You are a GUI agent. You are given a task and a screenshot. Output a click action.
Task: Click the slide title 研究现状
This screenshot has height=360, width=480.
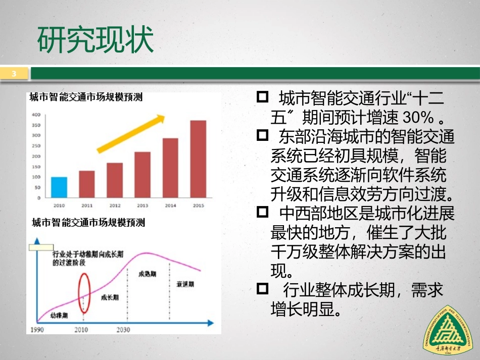(95, 40)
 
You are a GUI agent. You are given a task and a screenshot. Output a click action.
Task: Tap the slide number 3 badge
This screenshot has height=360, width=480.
(14, 74)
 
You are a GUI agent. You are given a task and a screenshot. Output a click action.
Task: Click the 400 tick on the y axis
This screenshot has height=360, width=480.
(36, 115)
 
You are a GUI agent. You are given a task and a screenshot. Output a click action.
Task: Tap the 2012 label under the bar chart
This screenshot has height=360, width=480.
(115, 205)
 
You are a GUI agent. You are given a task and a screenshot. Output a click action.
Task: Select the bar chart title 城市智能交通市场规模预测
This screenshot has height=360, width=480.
(86, 97)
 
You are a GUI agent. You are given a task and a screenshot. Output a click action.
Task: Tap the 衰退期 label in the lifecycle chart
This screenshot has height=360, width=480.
(185, 284)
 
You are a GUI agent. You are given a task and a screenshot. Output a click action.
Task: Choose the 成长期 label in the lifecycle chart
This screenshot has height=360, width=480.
(110, 297)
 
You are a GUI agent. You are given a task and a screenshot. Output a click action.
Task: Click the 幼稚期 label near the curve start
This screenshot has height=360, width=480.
(59, 316)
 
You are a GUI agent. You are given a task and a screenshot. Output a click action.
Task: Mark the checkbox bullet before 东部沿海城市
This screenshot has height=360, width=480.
(262, 135)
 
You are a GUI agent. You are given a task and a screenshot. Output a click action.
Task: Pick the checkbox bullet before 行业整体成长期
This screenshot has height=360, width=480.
(262, 289)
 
